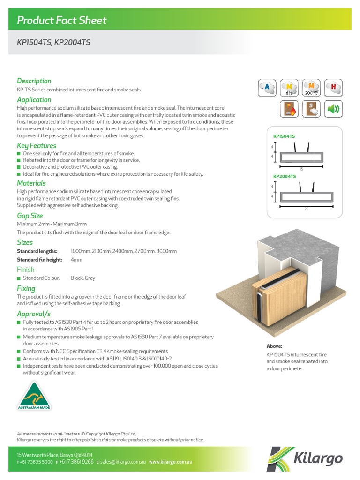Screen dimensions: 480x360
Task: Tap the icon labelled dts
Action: coord(289,87)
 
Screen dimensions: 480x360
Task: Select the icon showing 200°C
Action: coord(311,87)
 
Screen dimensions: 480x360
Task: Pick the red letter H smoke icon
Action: coord(333,87)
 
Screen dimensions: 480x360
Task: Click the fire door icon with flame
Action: coord(289,109)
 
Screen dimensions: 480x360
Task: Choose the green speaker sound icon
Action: coord(333,109)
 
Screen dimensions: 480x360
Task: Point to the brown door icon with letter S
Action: coord(311,109)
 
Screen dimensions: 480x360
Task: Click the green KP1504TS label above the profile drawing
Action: coord(284,136)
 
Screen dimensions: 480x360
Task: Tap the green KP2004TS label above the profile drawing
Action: coord(285,176)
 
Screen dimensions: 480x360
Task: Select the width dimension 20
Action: coord(306,208)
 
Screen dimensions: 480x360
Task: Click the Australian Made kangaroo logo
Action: coord(34,395)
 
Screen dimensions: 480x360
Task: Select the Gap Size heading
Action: coord(30,216)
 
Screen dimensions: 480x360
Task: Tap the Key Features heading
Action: coord(37,146)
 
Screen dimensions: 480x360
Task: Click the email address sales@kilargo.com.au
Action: coord(122,462)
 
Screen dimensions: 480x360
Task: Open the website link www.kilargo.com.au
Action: coord(171,462)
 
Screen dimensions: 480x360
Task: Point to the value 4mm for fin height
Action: coord(76,260)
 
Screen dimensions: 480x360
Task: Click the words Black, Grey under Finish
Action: coord(83,278)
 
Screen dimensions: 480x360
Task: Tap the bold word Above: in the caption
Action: coord(275,346)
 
